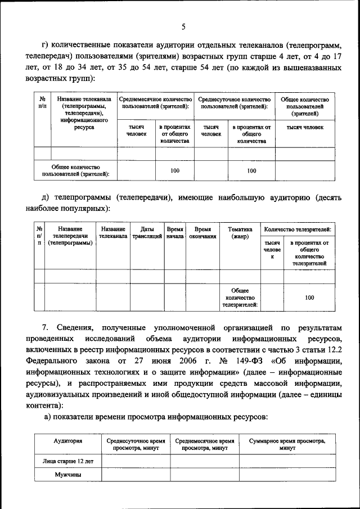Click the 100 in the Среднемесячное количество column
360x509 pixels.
(x=174, y=171)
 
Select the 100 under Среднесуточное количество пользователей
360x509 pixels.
(x=251, y=171)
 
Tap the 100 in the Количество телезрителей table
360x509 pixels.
(x=309, y=298)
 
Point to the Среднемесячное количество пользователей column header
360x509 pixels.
(x=155, y=103)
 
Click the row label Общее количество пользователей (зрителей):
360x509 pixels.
(x=75, y=171)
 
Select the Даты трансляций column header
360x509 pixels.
(x=147, y=233)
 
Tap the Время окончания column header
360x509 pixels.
(x=202, y=233)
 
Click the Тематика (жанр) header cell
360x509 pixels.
(x=240, y=233)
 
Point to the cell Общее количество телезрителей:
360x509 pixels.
(x=240, y=298)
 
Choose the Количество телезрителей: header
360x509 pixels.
(x=298, y=229)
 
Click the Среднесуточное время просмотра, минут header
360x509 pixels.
(x=135, y=445)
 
